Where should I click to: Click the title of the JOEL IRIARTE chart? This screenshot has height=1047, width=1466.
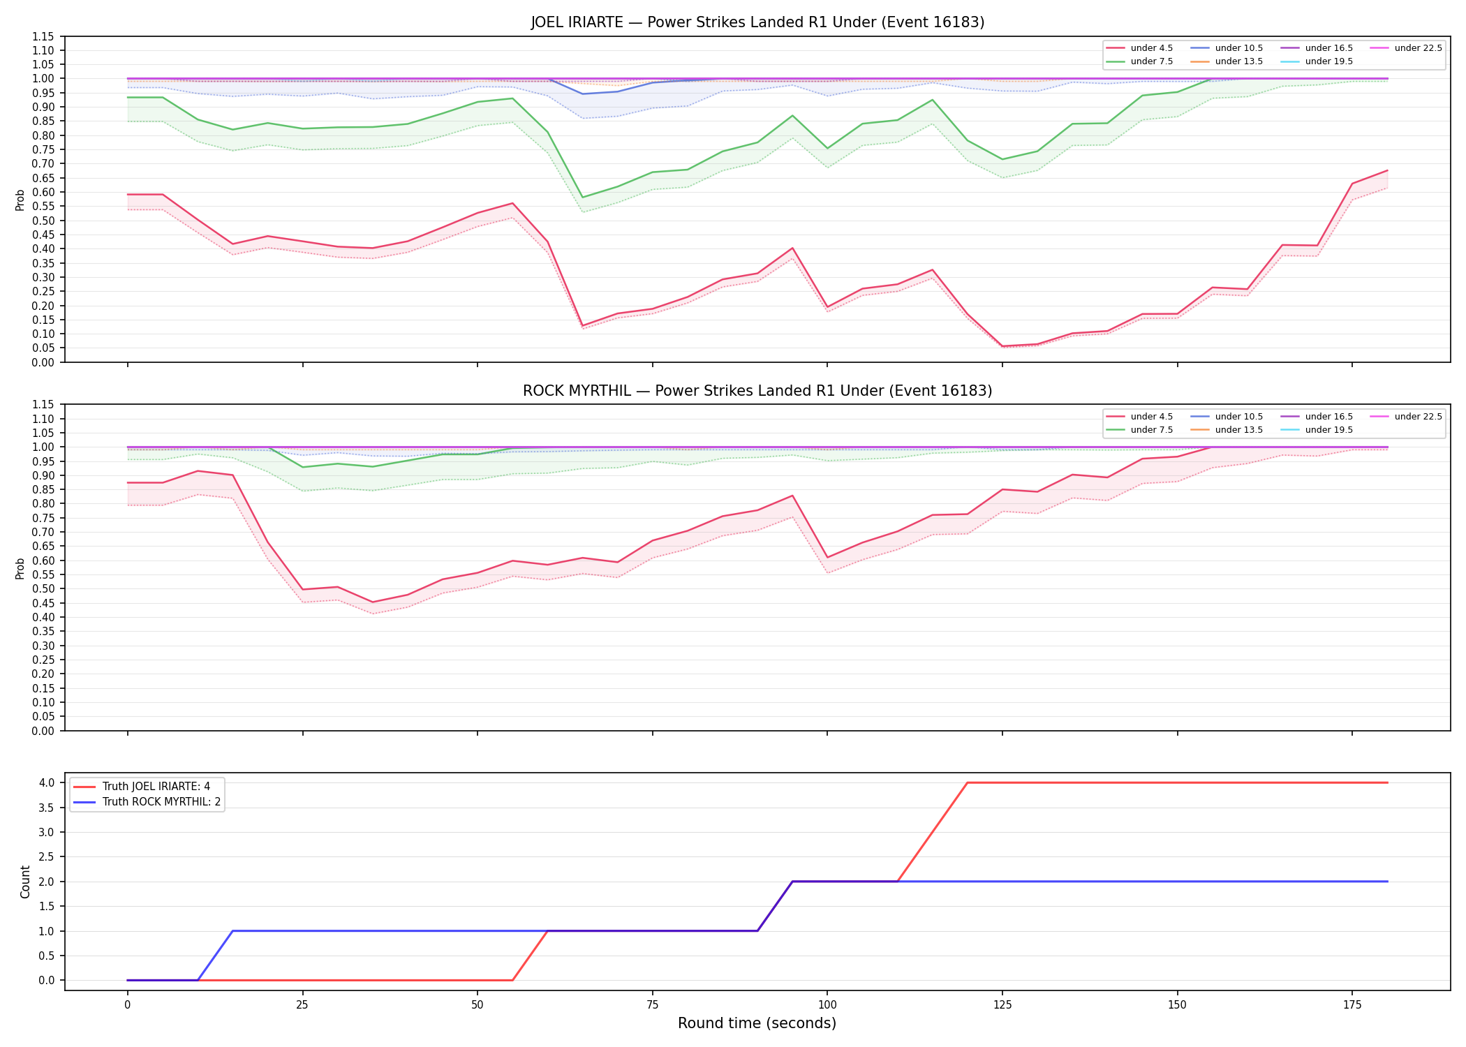[x=757, y=22]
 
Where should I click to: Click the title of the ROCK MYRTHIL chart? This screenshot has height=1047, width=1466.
[x=757, y=391]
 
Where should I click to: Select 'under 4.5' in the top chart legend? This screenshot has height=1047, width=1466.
[x=1151, y=48]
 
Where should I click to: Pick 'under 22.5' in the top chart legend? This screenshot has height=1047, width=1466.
[x=1418, y=48]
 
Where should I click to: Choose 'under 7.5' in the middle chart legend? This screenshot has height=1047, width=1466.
[x=1151, y=430]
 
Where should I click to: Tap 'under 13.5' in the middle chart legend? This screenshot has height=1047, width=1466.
[x=1238, y=430]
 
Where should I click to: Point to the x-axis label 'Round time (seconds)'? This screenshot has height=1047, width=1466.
[x=757, y=1023]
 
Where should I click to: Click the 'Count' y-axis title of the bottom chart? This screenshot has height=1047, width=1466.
[x=26, y=882]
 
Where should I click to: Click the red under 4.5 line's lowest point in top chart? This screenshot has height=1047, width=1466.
[x=1002, y=346]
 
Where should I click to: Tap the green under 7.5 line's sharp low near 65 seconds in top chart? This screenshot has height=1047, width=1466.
[x=582, y=198]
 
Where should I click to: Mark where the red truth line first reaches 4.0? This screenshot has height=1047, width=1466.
[x=968, y=782]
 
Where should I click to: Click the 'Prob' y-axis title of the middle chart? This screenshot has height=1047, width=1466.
[x=20, y=568]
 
